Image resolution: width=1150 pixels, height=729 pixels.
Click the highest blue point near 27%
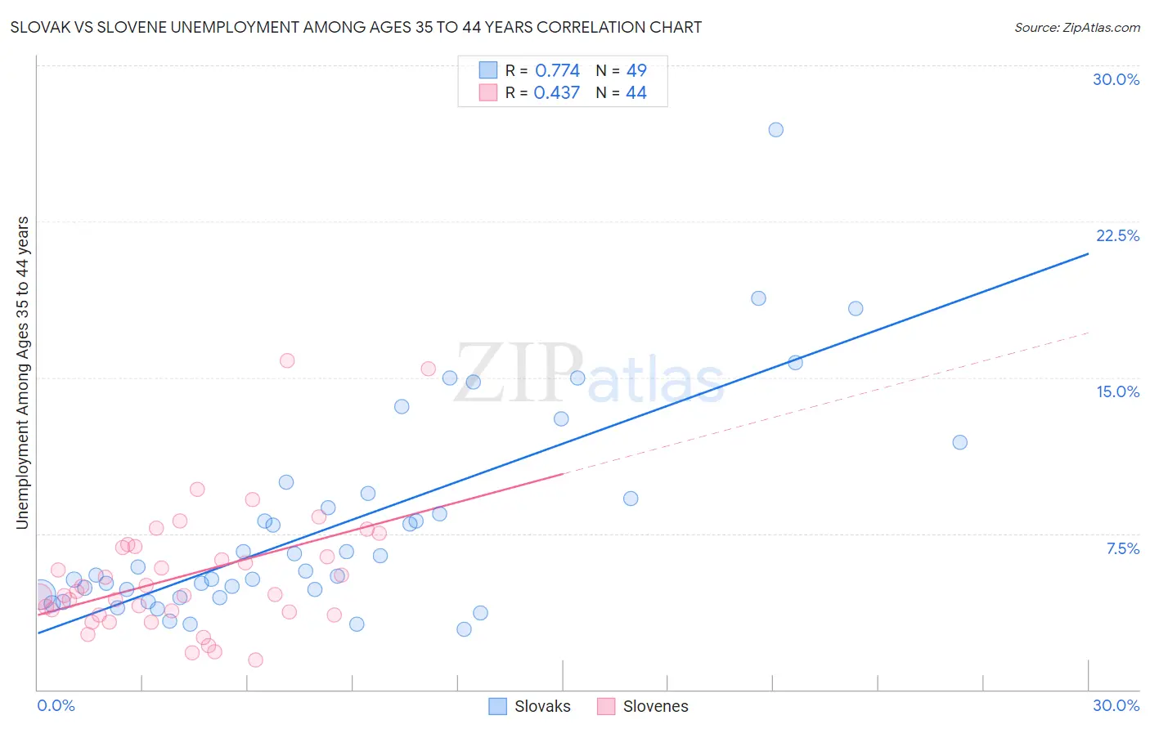pos(775,130)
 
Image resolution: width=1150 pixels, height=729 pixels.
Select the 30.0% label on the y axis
pos(1116,79)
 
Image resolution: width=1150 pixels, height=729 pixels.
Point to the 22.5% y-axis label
pos(1117,235)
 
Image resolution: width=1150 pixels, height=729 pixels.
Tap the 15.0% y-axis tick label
pos(1117,391)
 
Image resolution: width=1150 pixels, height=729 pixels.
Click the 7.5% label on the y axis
pos(1122,548)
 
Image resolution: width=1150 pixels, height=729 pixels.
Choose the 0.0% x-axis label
pos(56,705)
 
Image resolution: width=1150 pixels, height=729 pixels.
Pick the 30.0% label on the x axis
pos(1116,705)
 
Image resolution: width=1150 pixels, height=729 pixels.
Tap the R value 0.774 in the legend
pos(557,70)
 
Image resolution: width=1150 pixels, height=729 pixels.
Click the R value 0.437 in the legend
pos(557,92)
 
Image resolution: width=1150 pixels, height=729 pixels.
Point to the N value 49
pos(636,70)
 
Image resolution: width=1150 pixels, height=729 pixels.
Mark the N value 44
pos(636,92)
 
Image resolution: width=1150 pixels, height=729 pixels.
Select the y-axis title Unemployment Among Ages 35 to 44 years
pos(23,372)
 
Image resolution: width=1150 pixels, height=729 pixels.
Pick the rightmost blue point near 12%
pos(959,442)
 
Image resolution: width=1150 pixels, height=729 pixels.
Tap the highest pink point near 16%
pos(287,360)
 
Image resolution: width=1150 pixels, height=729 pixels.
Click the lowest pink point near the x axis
pos(255,660)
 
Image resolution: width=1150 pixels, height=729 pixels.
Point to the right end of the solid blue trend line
pos(1088,254)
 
